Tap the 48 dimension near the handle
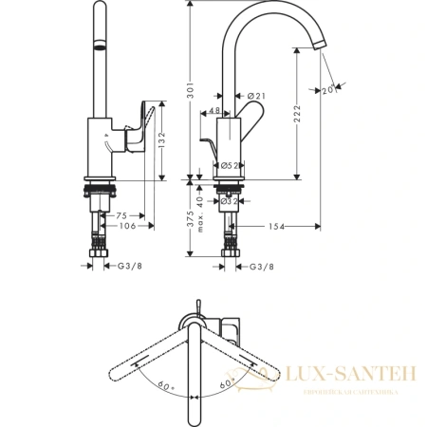click(213, 112)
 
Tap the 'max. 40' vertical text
click(202, 219)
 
